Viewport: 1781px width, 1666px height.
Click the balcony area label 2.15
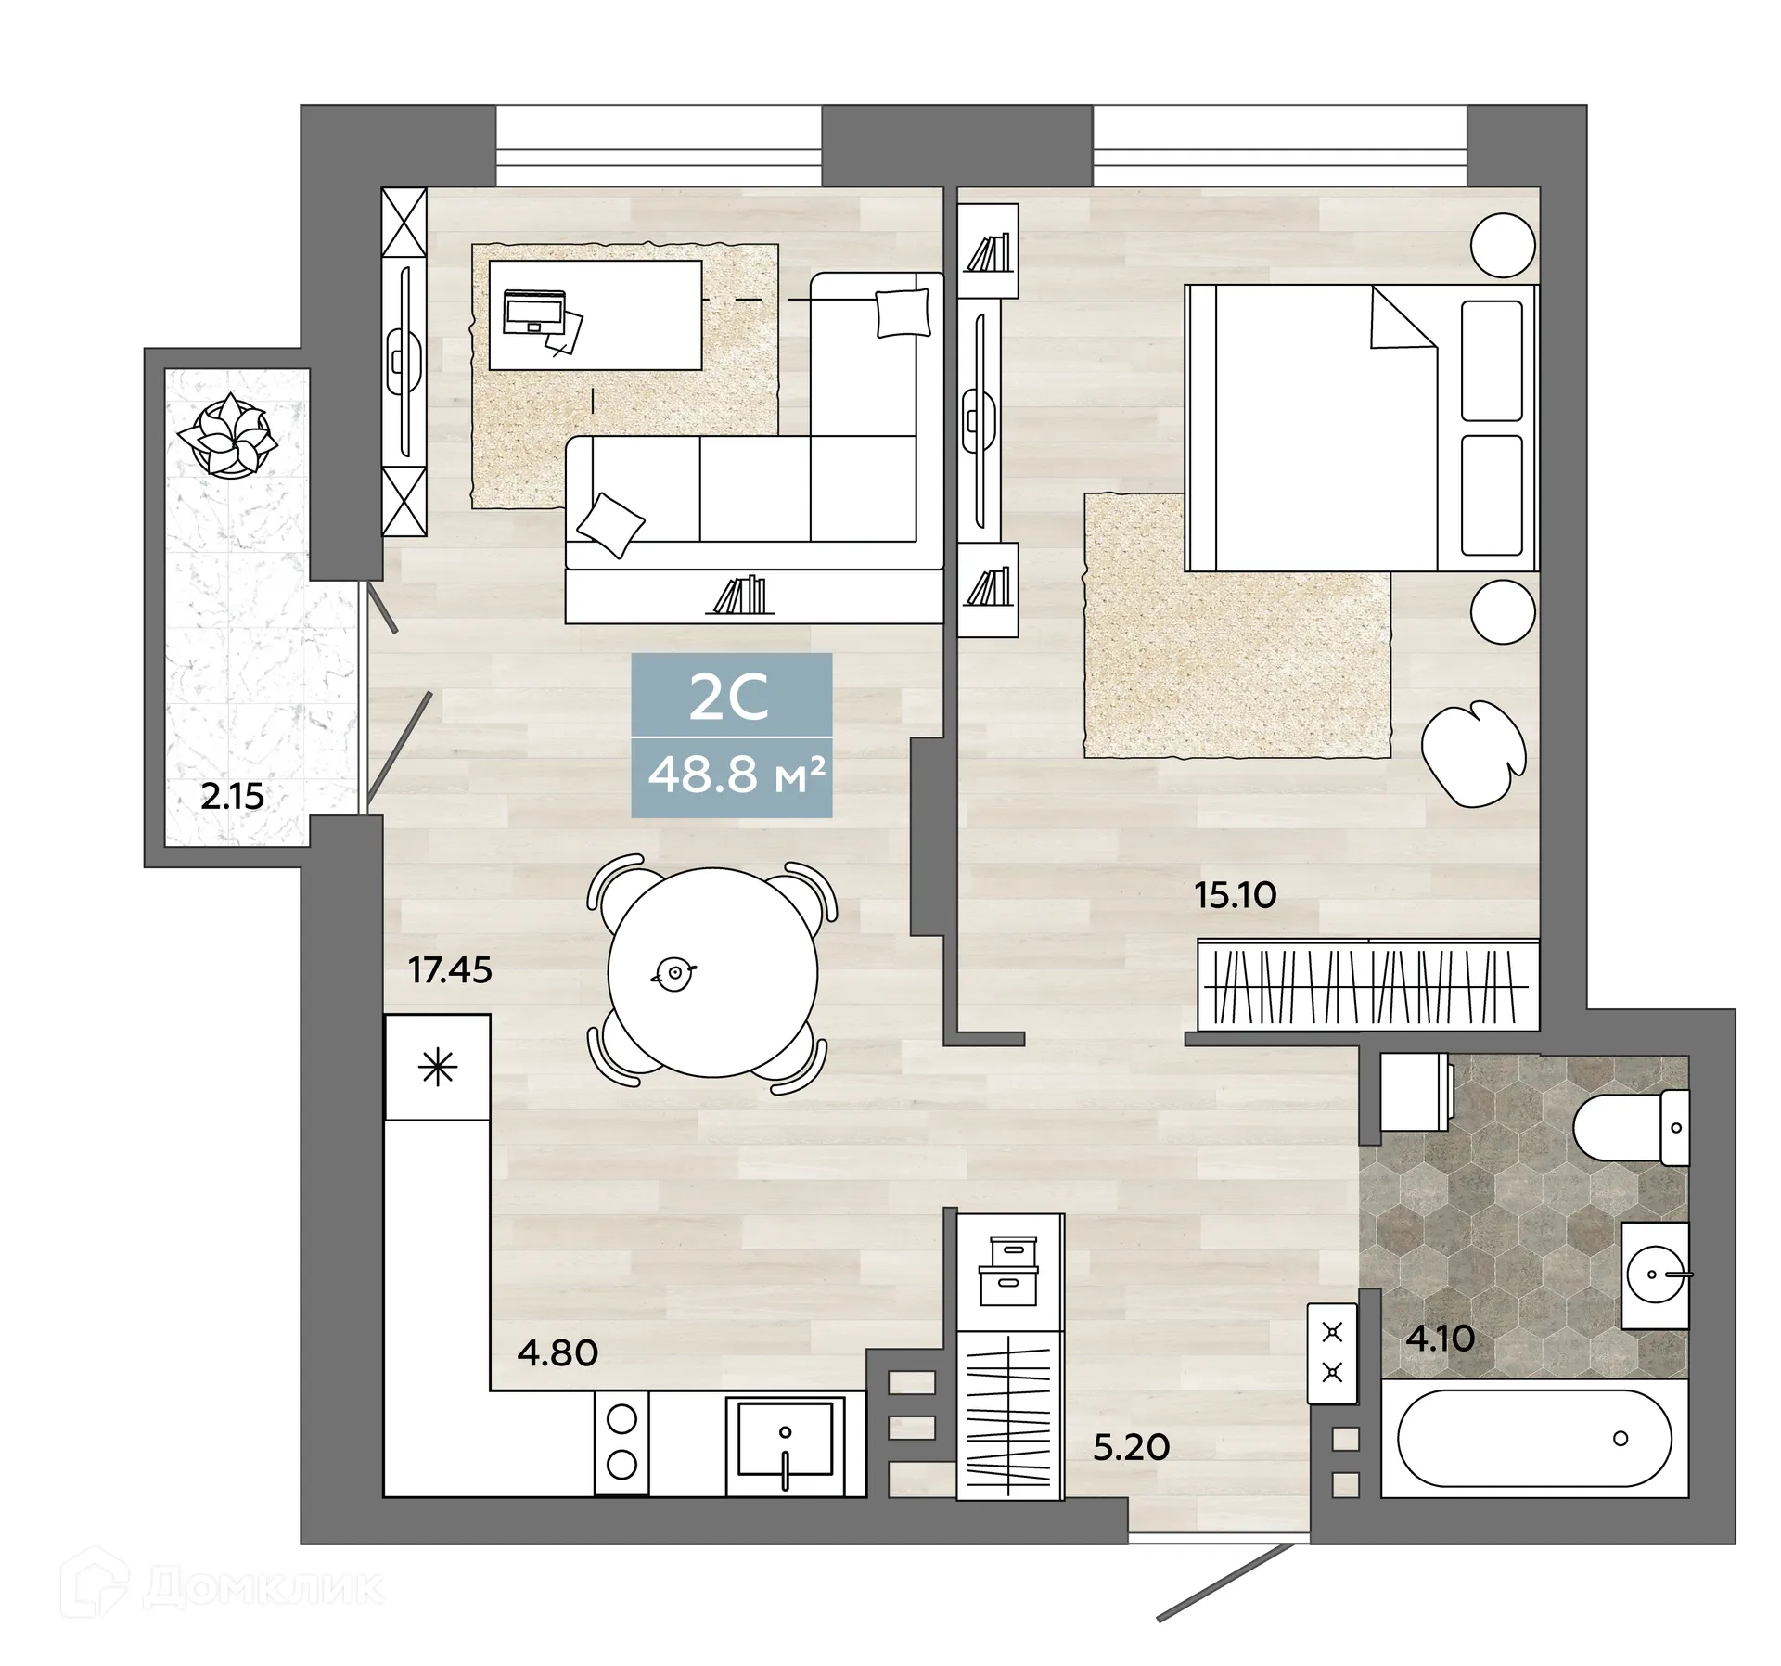point(232,797)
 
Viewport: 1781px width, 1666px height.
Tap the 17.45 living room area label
point(450,970)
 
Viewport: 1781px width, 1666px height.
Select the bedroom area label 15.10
point(1235,895)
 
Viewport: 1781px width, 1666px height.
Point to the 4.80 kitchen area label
point(557,1353)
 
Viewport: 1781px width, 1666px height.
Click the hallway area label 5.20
point(1131,1447)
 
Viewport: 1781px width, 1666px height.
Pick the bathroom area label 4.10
point(1440,1339)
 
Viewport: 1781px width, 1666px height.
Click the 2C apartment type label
point(729,698)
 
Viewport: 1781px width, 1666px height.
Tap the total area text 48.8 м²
point(736,775)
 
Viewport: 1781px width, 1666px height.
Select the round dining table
point(712,972)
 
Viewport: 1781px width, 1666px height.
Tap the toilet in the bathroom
point(1629,1128)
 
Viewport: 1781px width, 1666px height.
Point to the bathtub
point(1533,1439)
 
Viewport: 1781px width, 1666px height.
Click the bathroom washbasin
point(1655,1275)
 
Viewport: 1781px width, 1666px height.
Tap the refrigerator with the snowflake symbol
point(438,1068)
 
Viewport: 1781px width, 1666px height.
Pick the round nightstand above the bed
point(1503,245)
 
